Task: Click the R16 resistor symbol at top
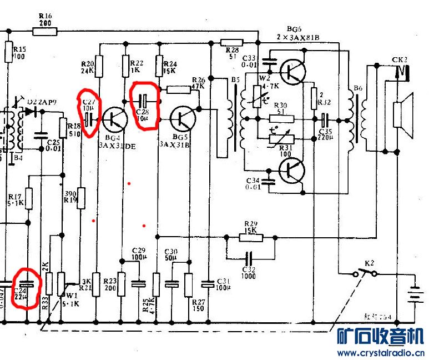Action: pos(45,32)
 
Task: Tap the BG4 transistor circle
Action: pos(115,118)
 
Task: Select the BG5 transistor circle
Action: pos(183,117)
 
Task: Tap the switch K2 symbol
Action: pos(366,272)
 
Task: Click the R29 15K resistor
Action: pos(250,237)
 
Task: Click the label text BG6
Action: pos(294,29)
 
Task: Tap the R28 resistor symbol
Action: pos(231,42)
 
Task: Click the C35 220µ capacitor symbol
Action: pos(326,119)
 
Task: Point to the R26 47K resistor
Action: pos(179,89)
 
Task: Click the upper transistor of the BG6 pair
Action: pos(292,71)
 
